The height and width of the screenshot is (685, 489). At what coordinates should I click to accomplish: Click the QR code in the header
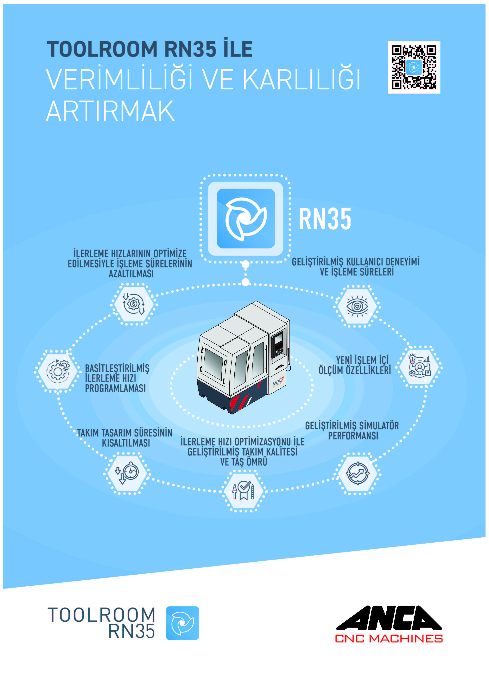[x=414, y=67]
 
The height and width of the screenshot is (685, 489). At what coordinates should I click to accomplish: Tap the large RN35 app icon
[x=246, y=218]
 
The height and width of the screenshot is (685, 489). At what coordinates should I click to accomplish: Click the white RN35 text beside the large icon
[x=325, y=219]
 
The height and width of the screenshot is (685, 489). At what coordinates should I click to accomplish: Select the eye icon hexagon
[x=357, y=306]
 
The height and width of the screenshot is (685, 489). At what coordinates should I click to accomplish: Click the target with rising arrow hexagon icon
[x=358, y=473]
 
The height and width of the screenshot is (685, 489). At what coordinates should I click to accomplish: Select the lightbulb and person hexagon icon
[x=419, y=366]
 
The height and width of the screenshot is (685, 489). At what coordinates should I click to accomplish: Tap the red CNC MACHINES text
[x=389, y=639]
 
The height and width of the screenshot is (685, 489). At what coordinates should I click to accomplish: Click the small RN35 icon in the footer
[x=182, y=623]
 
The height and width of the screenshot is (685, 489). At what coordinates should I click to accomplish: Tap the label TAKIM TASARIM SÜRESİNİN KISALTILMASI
[x=125, y=438]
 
